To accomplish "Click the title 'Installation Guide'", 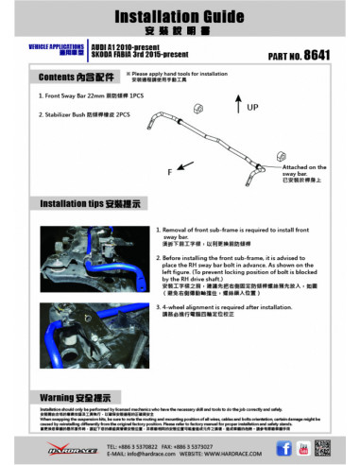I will click(180, 16).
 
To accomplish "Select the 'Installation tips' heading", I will click(86, 203).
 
